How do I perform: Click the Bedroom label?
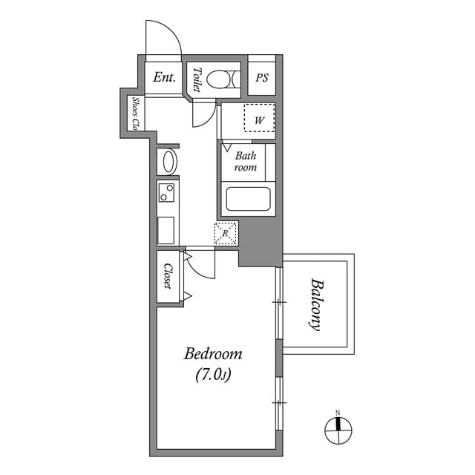pyautogui.click(x=213, y=354)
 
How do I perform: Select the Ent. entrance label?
pyautogui.click(x=164, y=77)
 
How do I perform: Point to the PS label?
pyautogui.click(x=261, y=77)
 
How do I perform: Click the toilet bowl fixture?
pyautogui.click(x=221, y=79)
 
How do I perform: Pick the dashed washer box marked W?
pyautogui.click(x=260, y=118)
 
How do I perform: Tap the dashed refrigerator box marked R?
pyautogui.click(x=226, y=233)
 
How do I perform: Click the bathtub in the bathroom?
pyautogui.click(x=248, y=200)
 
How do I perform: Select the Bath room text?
pyautogui.click(x=245, y=162)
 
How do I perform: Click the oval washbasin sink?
pyautogui.click(x=168, y=161)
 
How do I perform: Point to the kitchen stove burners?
pyautogui.click(x=167, y=194)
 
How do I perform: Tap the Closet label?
pyautogui.click(x=168, y=277)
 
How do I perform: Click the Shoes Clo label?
pyautogui.click(x=137, y=114)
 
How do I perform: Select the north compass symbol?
pyautogui.click(x=337, y=428)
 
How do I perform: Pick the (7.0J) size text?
pyautogui.click(x=213, y=376)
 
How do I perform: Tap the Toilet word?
pyautogui.click(x=197, y=79)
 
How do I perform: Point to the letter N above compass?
pyautogui.click(x=337, y=412)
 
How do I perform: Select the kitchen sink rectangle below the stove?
pyautogui.click(x=166, y=229)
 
